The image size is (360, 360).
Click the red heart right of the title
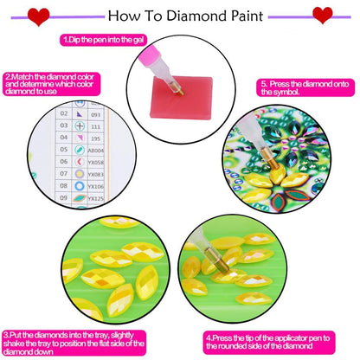323,15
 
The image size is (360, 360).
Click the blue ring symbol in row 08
80,186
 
